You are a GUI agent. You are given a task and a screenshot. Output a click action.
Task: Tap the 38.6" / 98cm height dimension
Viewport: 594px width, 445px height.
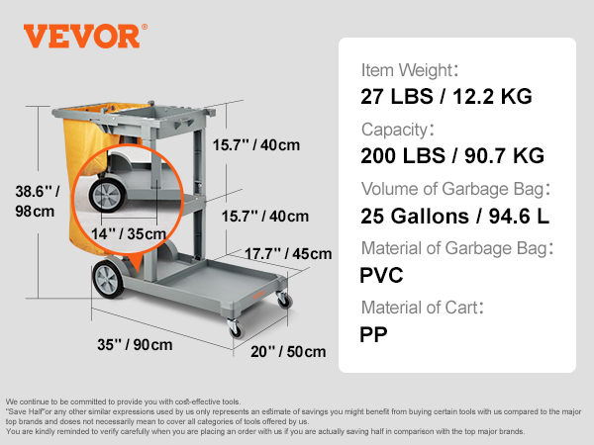click(38, 202)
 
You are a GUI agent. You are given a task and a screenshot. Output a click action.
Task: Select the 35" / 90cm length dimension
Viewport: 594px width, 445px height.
click(135, 345)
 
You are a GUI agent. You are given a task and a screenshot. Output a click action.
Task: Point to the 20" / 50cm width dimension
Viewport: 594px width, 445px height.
click(288, 351)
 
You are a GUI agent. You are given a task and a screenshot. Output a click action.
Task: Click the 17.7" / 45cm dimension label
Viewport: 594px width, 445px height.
click(288, 253)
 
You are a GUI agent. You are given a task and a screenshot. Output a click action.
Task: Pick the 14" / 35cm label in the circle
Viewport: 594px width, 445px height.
click(129, 233)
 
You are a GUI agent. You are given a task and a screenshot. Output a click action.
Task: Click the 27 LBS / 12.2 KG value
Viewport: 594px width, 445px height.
click(446, 96)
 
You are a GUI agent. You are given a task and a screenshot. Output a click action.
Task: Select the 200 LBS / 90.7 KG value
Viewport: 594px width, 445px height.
click(452, 155)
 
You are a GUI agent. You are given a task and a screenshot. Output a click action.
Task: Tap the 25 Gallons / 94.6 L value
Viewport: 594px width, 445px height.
click(454, 216)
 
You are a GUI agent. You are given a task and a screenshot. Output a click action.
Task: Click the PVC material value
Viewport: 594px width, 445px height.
click(381, 275)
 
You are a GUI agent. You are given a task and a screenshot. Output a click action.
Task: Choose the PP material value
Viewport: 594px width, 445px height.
click(373, 334)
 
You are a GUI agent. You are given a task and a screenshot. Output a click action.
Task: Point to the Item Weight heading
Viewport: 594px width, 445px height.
click(410, 70)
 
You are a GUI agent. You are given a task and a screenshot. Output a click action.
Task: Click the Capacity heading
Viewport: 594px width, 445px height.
click(398, 130)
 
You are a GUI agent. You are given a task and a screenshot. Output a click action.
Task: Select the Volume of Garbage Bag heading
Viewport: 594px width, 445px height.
click(455, 189)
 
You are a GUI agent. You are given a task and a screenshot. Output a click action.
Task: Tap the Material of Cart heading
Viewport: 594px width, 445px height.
click(423, 308)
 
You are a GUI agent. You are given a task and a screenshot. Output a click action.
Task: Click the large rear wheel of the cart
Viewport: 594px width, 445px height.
click(108, 279)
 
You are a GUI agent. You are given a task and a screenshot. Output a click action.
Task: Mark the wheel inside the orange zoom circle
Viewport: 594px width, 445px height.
click(107, 196)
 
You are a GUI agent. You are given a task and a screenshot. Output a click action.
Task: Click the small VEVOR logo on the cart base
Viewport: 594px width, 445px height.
click(258, 295)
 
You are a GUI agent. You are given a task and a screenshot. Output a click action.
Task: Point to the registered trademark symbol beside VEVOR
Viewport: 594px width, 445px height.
click(145, 27)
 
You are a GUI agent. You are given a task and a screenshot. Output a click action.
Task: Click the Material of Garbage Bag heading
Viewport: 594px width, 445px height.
click(457, 248)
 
